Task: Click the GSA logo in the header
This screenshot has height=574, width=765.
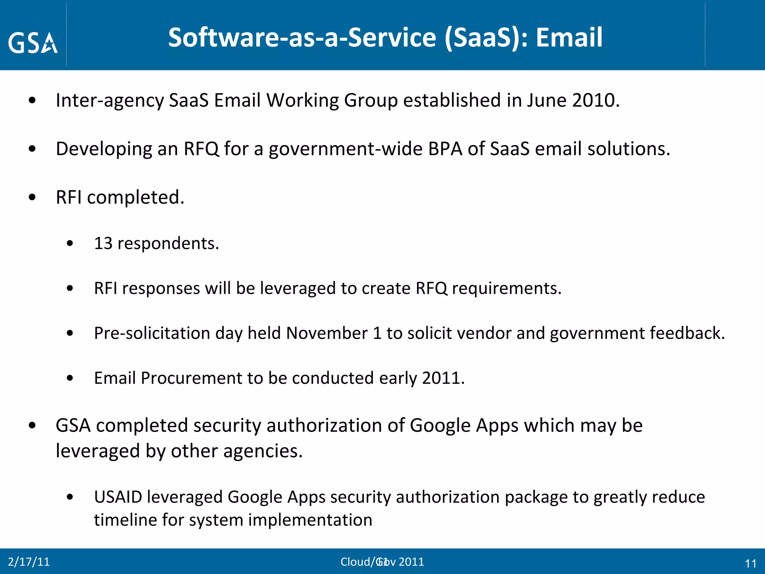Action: click(33, 43)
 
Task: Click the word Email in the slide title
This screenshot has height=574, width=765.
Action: click(569, 37)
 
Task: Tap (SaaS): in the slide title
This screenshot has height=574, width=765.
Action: click(486, 37)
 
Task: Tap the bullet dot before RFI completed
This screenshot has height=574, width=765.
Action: click(32, 197)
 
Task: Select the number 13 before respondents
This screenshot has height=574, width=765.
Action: click(103, 243)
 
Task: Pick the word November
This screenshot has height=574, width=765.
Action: click(327, 333)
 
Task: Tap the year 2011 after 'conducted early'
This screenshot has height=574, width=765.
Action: click(443, 378)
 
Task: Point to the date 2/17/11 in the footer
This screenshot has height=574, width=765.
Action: click(29, 562)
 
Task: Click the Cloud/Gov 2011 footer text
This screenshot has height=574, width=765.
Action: click(382, 562)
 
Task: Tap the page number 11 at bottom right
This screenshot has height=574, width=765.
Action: click(750, 564)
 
